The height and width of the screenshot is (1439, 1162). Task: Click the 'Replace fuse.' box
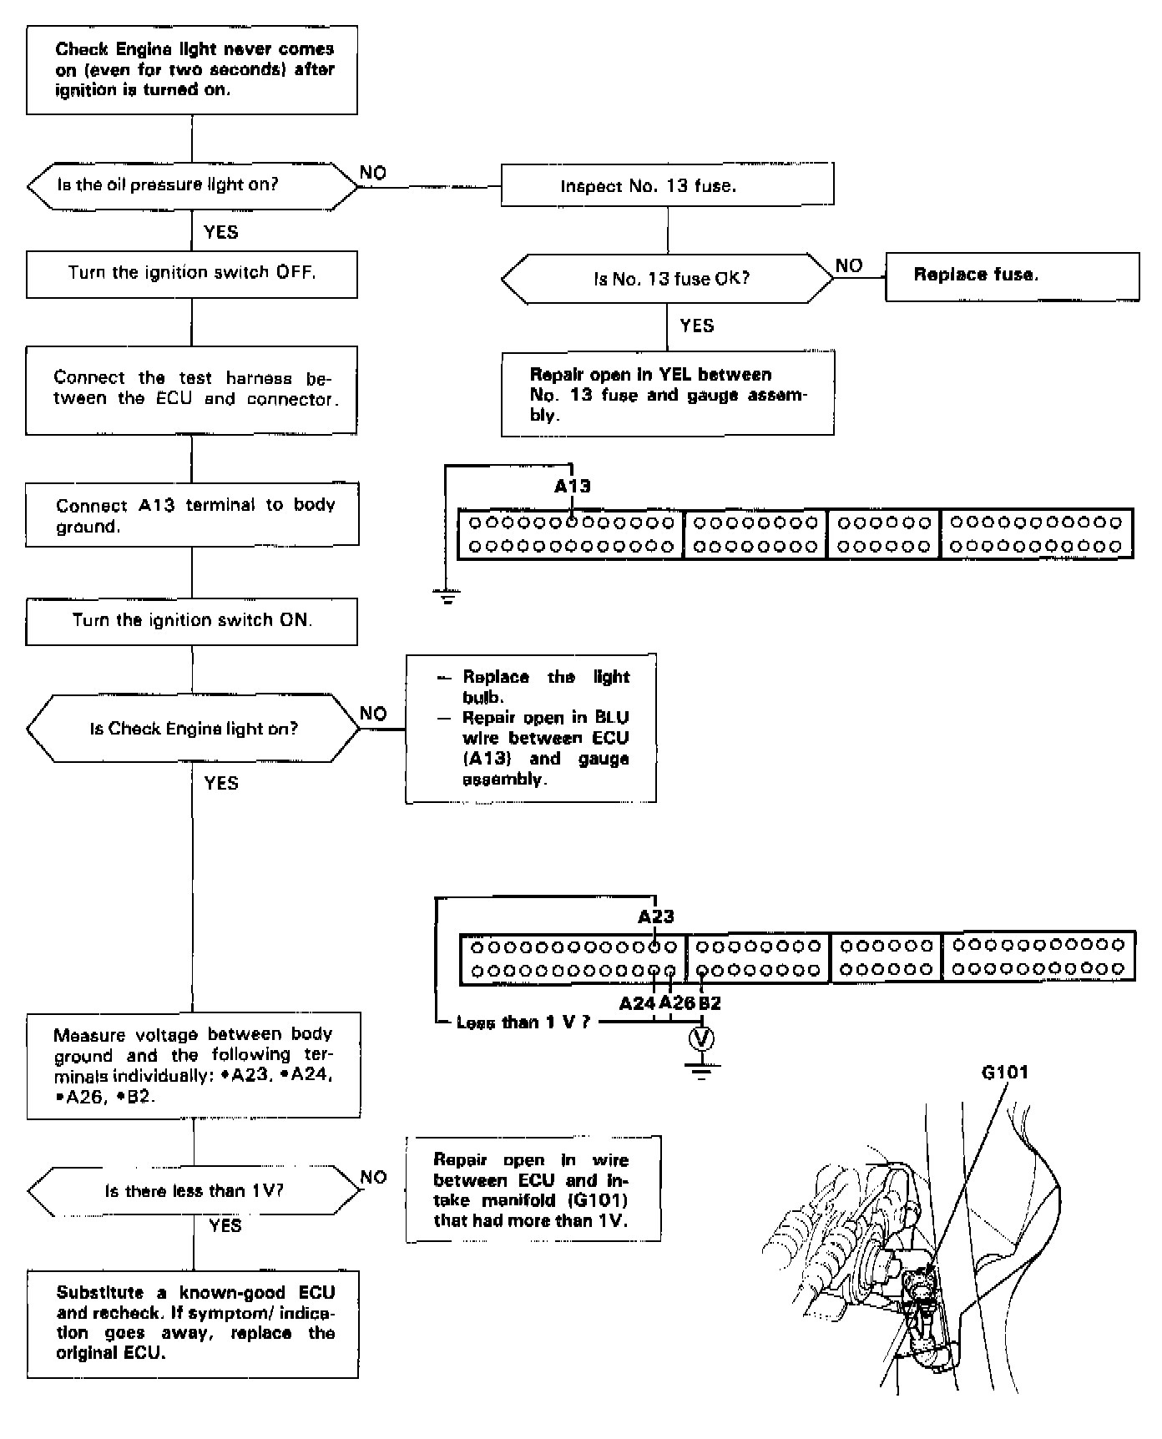point(1012,276)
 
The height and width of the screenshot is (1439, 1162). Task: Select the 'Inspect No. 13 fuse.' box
point(667,184)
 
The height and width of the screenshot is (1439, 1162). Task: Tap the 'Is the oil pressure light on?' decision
point(192,185)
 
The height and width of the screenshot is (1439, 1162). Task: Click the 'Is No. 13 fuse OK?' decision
point(667,279)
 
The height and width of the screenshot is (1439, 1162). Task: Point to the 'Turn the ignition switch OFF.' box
point(192,274)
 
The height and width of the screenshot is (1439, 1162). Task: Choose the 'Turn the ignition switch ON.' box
point(192,621)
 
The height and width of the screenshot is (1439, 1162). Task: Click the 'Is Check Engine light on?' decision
point(194,729)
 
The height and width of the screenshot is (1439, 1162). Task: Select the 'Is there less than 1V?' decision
point(194,1191)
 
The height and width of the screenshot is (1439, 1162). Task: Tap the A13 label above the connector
point(573,487)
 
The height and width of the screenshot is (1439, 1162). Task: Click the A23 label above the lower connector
point(656,916)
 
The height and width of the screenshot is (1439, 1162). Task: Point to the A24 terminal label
point(637,1003)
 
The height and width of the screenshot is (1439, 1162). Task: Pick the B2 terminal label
point(710,1003)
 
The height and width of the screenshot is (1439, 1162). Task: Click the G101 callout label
point(1004,1073)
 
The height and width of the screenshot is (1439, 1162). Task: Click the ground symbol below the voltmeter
point(701,1069)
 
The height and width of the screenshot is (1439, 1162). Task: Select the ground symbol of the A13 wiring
point(447,596)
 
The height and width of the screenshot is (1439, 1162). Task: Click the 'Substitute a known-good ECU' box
point(194,1324)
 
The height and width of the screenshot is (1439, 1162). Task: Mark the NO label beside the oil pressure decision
point(372,173)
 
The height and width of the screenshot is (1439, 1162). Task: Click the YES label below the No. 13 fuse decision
point(697,326)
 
